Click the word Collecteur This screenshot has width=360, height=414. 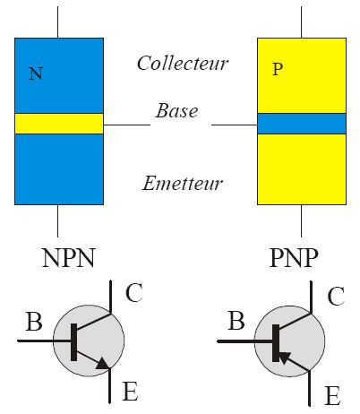click(x=183, y=63)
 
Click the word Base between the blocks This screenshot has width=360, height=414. click(x=176, y=112)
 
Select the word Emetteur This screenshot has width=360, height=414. click(x=183, y=184)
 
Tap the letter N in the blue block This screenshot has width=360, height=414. click(x=35, y=74)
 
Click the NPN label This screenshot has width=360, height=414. click(x=68, y=258)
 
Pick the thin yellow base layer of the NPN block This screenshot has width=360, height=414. click(x=59, y=124)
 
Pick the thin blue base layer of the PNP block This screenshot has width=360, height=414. click(x=301, y=124)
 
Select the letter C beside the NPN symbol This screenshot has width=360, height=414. click(x=134, y=294)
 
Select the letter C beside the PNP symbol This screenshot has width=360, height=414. click(x=335, y=296)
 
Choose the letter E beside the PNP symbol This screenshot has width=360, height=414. click(x=332, y=396)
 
